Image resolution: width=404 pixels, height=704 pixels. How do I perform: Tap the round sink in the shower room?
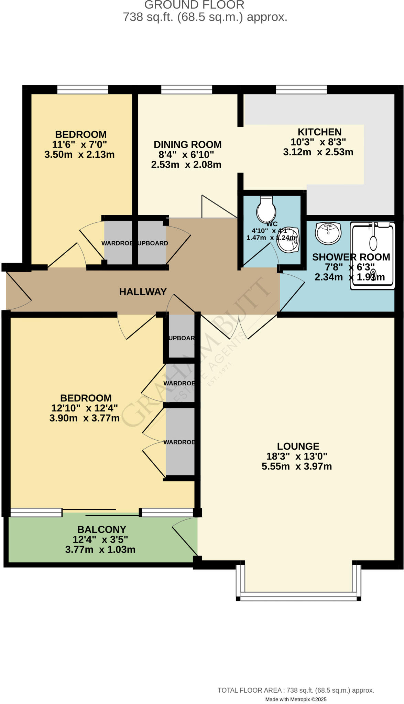click(328, 233)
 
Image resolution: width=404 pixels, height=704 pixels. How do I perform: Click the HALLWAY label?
click(143, 292)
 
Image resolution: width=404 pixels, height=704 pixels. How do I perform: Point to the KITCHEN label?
click(319, 132)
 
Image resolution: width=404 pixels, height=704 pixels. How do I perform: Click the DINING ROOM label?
click(187, 145)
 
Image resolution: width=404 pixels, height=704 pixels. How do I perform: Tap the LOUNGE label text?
click(298, 446)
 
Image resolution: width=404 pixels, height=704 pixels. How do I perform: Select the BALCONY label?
click(101, 529)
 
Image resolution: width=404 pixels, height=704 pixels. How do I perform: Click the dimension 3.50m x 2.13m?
click(79, 154)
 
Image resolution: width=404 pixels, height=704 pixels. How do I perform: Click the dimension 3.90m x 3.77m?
click(85, 418)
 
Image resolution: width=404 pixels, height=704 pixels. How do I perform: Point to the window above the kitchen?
click(301, 90)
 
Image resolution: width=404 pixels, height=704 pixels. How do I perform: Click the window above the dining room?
click(186, 90)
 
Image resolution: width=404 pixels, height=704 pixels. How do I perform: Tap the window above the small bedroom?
click(83, 90)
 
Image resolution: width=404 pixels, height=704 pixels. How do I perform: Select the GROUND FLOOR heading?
click(194, 5)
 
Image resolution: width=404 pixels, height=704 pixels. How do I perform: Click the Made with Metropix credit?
click(296, 699)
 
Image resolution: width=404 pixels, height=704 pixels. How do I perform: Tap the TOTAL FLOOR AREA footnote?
click(296, 690)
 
